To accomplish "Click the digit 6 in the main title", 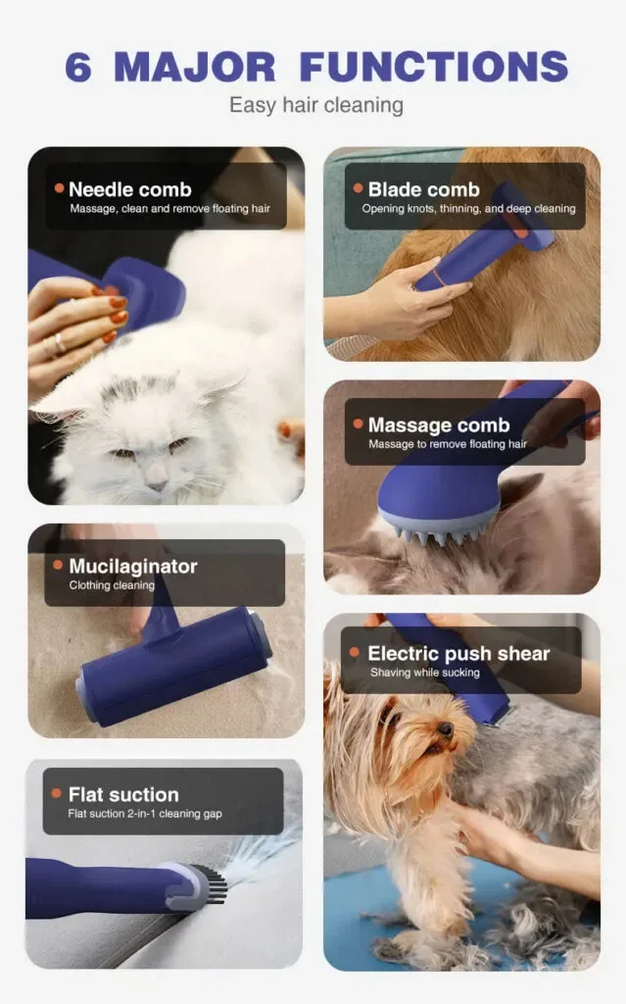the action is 78,68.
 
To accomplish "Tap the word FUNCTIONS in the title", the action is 433,67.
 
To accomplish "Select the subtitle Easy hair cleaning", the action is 316,105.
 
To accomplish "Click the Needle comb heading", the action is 130,189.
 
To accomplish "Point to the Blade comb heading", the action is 424,189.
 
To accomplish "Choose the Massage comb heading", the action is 439,426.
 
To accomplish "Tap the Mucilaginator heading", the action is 133,566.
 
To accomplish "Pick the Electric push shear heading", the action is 458,653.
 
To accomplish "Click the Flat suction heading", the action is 123,794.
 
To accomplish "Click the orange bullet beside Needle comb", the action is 60,188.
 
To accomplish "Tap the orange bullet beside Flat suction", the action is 56,793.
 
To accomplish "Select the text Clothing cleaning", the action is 112,585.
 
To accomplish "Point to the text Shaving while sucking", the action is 425,673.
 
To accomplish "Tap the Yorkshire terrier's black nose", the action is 446,729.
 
